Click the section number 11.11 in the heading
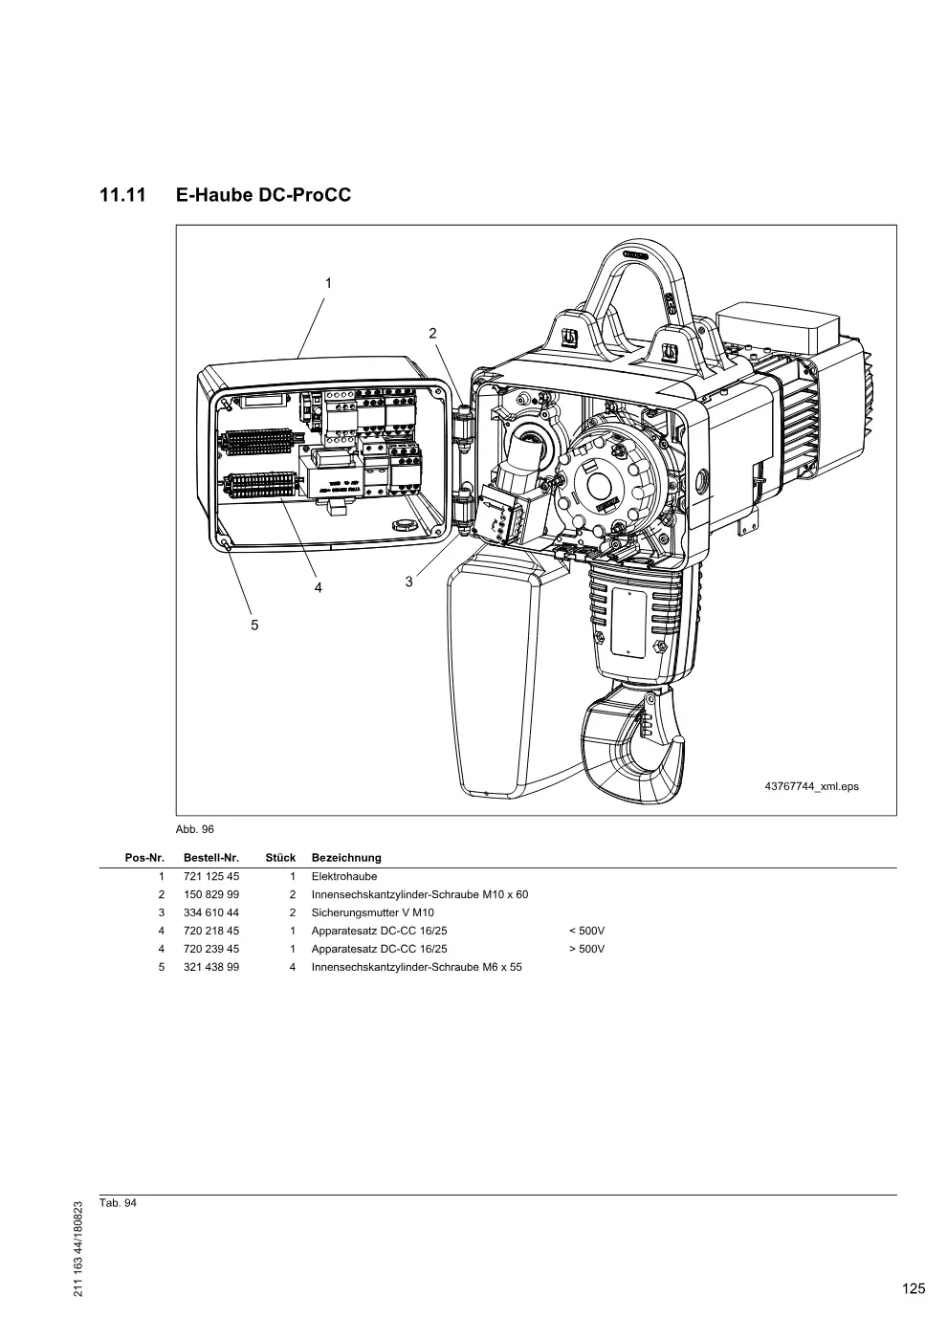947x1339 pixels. (x=122, y=195)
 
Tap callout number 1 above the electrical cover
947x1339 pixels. (x=328, y=283)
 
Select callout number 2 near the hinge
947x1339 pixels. (x=432, y=334)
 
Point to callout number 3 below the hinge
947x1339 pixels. (x=409, y=582)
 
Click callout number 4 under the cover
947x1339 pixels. (x=318, y=588)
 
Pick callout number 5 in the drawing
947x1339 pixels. (x=254, y=626)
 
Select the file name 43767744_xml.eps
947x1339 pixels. (x=811, y=786)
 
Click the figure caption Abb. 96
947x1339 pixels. (x=195, y=829)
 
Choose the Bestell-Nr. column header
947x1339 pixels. (x=211, y=858)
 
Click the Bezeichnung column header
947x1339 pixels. (x=346, y=858)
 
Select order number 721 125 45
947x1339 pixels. (x=211, y=876)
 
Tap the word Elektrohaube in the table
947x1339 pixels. (x=344, y=876)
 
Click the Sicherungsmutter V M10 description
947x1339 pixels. (x=372, y=912)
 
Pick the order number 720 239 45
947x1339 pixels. (x=211, y=949)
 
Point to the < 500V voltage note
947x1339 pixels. (x=587, y=931)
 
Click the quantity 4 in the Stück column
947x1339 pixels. (x=293, y=967)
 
